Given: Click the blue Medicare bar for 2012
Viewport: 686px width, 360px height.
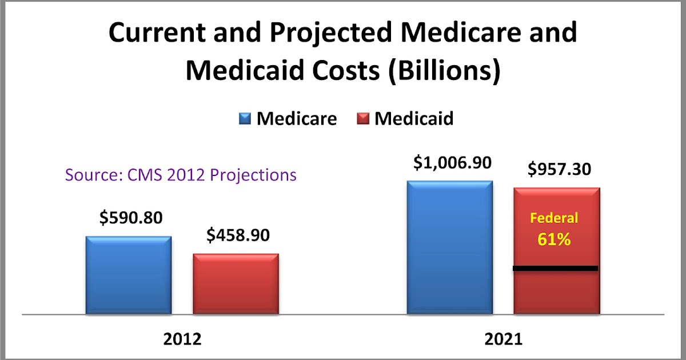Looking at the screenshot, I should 129,275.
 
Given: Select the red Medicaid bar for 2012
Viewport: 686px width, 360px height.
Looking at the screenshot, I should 236,284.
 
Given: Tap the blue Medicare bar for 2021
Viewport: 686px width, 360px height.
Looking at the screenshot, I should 449,247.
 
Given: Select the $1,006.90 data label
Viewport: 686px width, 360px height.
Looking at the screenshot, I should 451,163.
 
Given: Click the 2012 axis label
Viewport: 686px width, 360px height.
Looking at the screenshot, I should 182,339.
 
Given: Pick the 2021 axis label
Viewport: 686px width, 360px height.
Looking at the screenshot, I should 503,339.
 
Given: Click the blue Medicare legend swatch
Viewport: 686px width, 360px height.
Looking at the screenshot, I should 245,119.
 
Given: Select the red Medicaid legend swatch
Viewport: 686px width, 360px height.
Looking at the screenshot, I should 363,119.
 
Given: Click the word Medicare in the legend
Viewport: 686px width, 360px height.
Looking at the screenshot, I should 296,119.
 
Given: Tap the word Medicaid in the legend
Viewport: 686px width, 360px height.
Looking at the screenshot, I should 414,119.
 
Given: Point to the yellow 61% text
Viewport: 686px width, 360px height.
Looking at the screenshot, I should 554,239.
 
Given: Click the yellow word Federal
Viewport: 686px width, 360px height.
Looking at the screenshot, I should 554,218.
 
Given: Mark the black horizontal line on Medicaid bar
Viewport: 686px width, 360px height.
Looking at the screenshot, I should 556,268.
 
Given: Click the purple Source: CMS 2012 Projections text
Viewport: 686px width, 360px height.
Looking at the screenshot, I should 181,174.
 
